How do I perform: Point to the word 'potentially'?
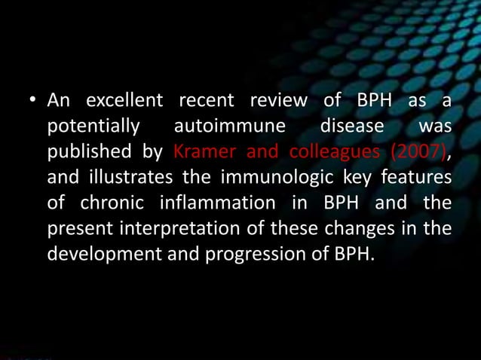pyautogui.click(x=94, y=127)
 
